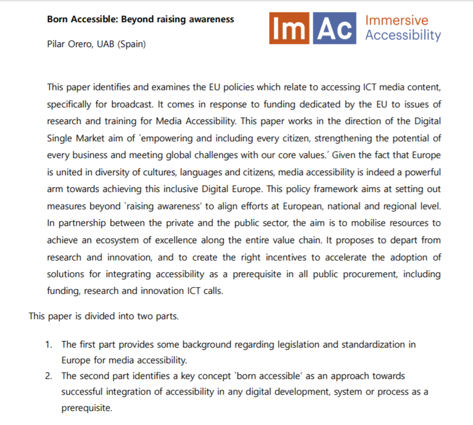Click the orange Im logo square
click(x=289, y=28)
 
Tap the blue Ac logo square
click(x=334, y=28)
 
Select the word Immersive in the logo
click(x=397, y=20)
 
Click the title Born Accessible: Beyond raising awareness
click(x=140, y=19)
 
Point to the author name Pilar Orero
click(x=69, y=44)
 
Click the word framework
click(x=336, y=189)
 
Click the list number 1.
click(x=48, y=345)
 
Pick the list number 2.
click(x=48, y=376)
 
